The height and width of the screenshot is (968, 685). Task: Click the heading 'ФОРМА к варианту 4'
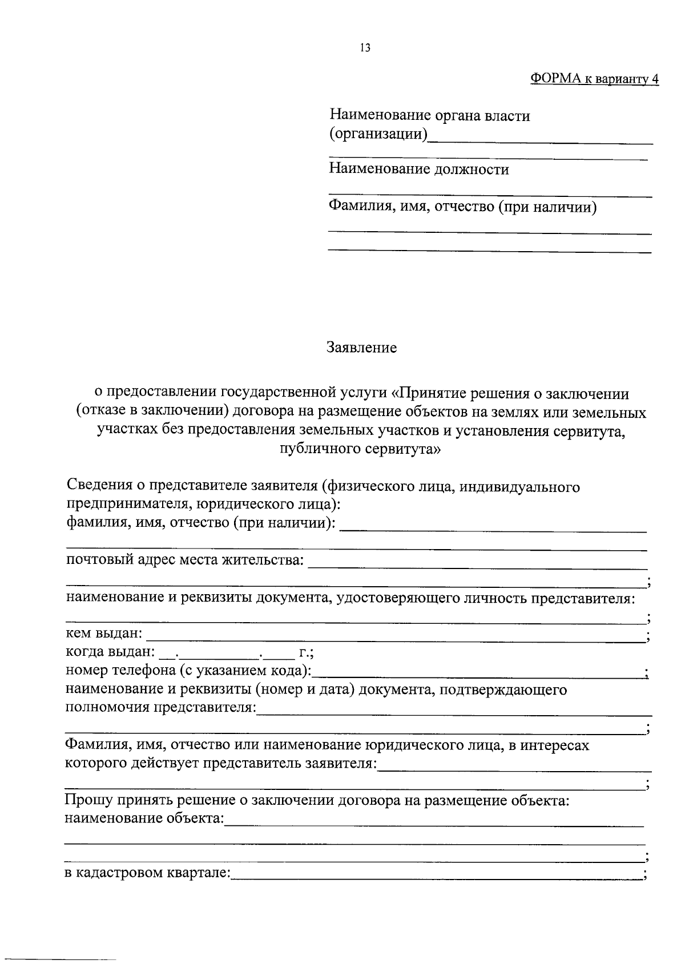(x=594, y=79)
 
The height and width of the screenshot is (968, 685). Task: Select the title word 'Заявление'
(x=361, y=348)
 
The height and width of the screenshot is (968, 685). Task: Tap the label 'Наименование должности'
(x=419, y=170)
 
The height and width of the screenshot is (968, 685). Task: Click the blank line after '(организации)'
(x=540, y=140)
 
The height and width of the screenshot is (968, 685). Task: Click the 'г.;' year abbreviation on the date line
(x=306, y=652)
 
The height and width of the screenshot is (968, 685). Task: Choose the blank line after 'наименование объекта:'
(x=434, y=824)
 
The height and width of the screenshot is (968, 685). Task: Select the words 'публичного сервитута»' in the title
(x=361, y=449)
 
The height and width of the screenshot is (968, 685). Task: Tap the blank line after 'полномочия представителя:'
(x=454, y=713)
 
